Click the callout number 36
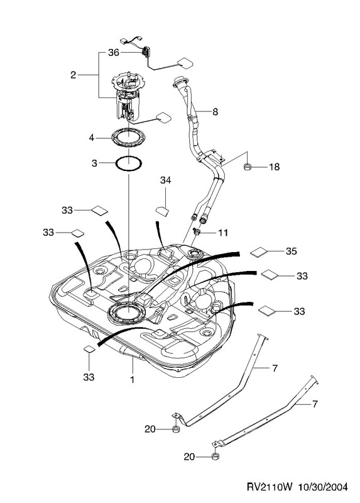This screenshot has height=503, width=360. click(x=114, y=52)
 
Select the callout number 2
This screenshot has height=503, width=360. click(x=74, y=75)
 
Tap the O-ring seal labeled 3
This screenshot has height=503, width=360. click(x=129, y=163)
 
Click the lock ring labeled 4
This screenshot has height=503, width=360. click(x=128, y=138)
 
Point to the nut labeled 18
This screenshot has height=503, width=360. click(x=247, y=167)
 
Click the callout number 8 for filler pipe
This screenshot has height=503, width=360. click(x=215, y=112)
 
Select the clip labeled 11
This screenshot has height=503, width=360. click(x=196, y=231)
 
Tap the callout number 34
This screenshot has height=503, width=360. click(x=165, y=180)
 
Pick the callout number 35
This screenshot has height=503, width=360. click(x=291, y=251)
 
